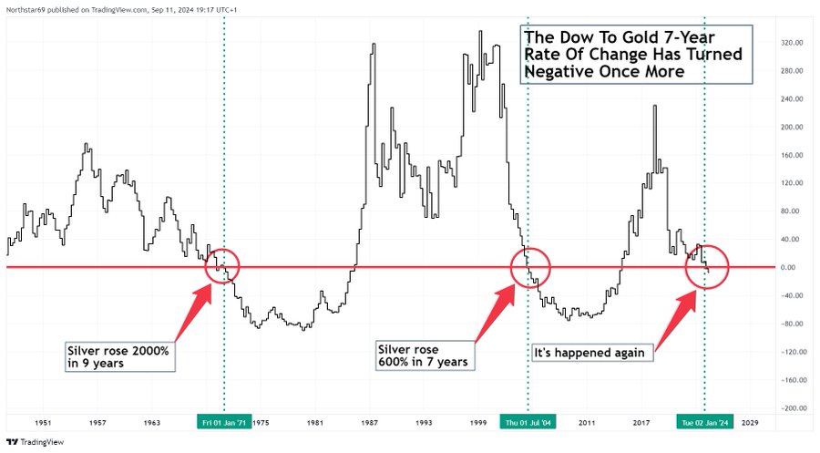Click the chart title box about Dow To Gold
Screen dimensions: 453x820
(x=637, y=54)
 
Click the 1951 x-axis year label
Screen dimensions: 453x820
(x=43, y=423)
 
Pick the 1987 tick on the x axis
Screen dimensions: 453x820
(x=370, y=423)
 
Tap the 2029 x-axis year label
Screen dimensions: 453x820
(x=751, y=423)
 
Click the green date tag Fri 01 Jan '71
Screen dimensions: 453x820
(x=224, y=423)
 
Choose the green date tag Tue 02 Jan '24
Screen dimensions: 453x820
(x=704, y=423)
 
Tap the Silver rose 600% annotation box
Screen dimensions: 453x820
(x=423, y=355)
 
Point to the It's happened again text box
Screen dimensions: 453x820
(x=590, y=353)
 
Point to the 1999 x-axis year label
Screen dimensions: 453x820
(x=478, y=423)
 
